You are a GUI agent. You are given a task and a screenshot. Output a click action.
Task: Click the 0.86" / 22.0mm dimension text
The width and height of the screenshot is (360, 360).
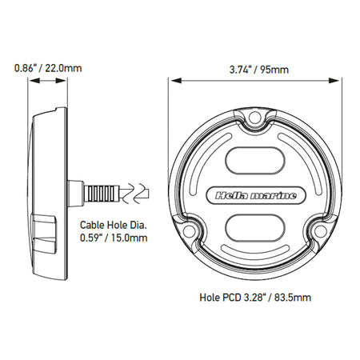pyautogui.click(x=48, y=68)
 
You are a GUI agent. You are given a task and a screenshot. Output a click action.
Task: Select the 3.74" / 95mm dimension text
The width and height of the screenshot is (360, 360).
pyautogui.click(x=259, y=70)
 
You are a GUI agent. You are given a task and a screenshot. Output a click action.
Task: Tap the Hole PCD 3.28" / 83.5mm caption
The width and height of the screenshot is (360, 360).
pyautogui.click(x=255, y=297)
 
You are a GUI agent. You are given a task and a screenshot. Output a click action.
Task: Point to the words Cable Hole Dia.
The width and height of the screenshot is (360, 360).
pyautogui.click(x=114, y=225)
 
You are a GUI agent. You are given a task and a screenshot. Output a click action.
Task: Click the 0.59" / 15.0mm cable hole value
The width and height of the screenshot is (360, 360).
pyautogui.click(x=114, y=238)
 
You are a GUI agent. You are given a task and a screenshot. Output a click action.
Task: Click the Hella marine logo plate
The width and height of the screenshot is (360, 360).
pyautogui.click(x=255, y=196)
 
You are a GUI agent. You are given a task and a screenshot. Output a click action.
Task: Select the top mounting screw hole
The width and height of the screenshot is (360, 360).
pyautogui.click(x=255, y=118)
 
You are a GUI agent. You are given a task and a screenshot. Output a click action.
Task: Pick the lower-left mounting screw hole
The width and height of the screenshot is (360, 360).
pyautogui.click(x=189, y=230)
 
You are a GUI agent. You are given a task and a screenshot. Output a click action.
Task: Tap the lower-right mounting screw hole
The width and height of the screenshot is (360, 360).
pyautogui.click(x=321, y=230)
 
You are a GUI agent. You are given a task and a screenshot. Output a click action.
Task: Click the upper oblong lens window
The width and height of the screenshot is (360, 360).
pyautogui.click(x=255, y=161)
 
